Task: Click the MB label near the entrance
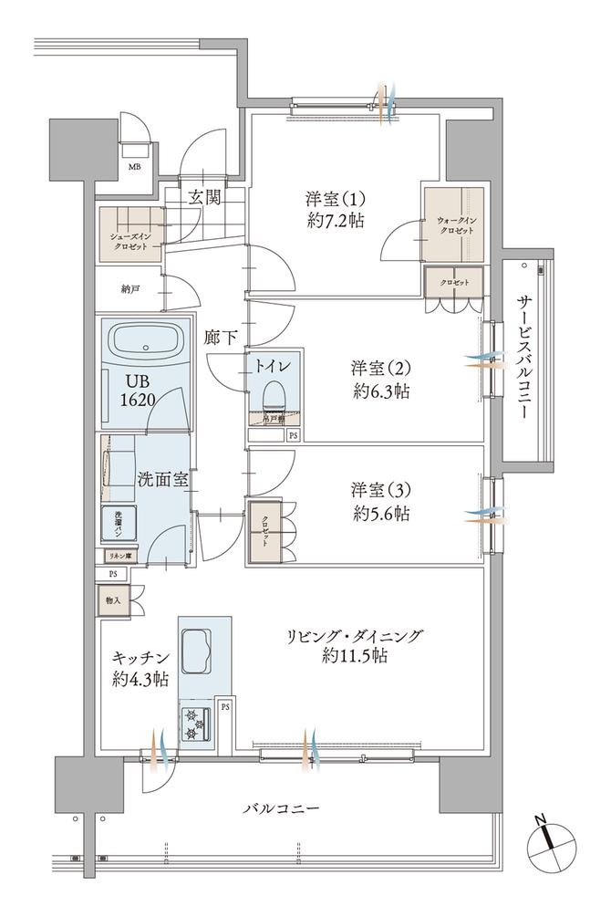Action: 135,166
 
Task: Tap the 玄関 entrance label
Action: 204,197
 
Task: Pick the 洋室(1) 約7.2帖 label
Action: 336,209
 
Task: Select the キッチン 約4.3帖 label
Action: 140,667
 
